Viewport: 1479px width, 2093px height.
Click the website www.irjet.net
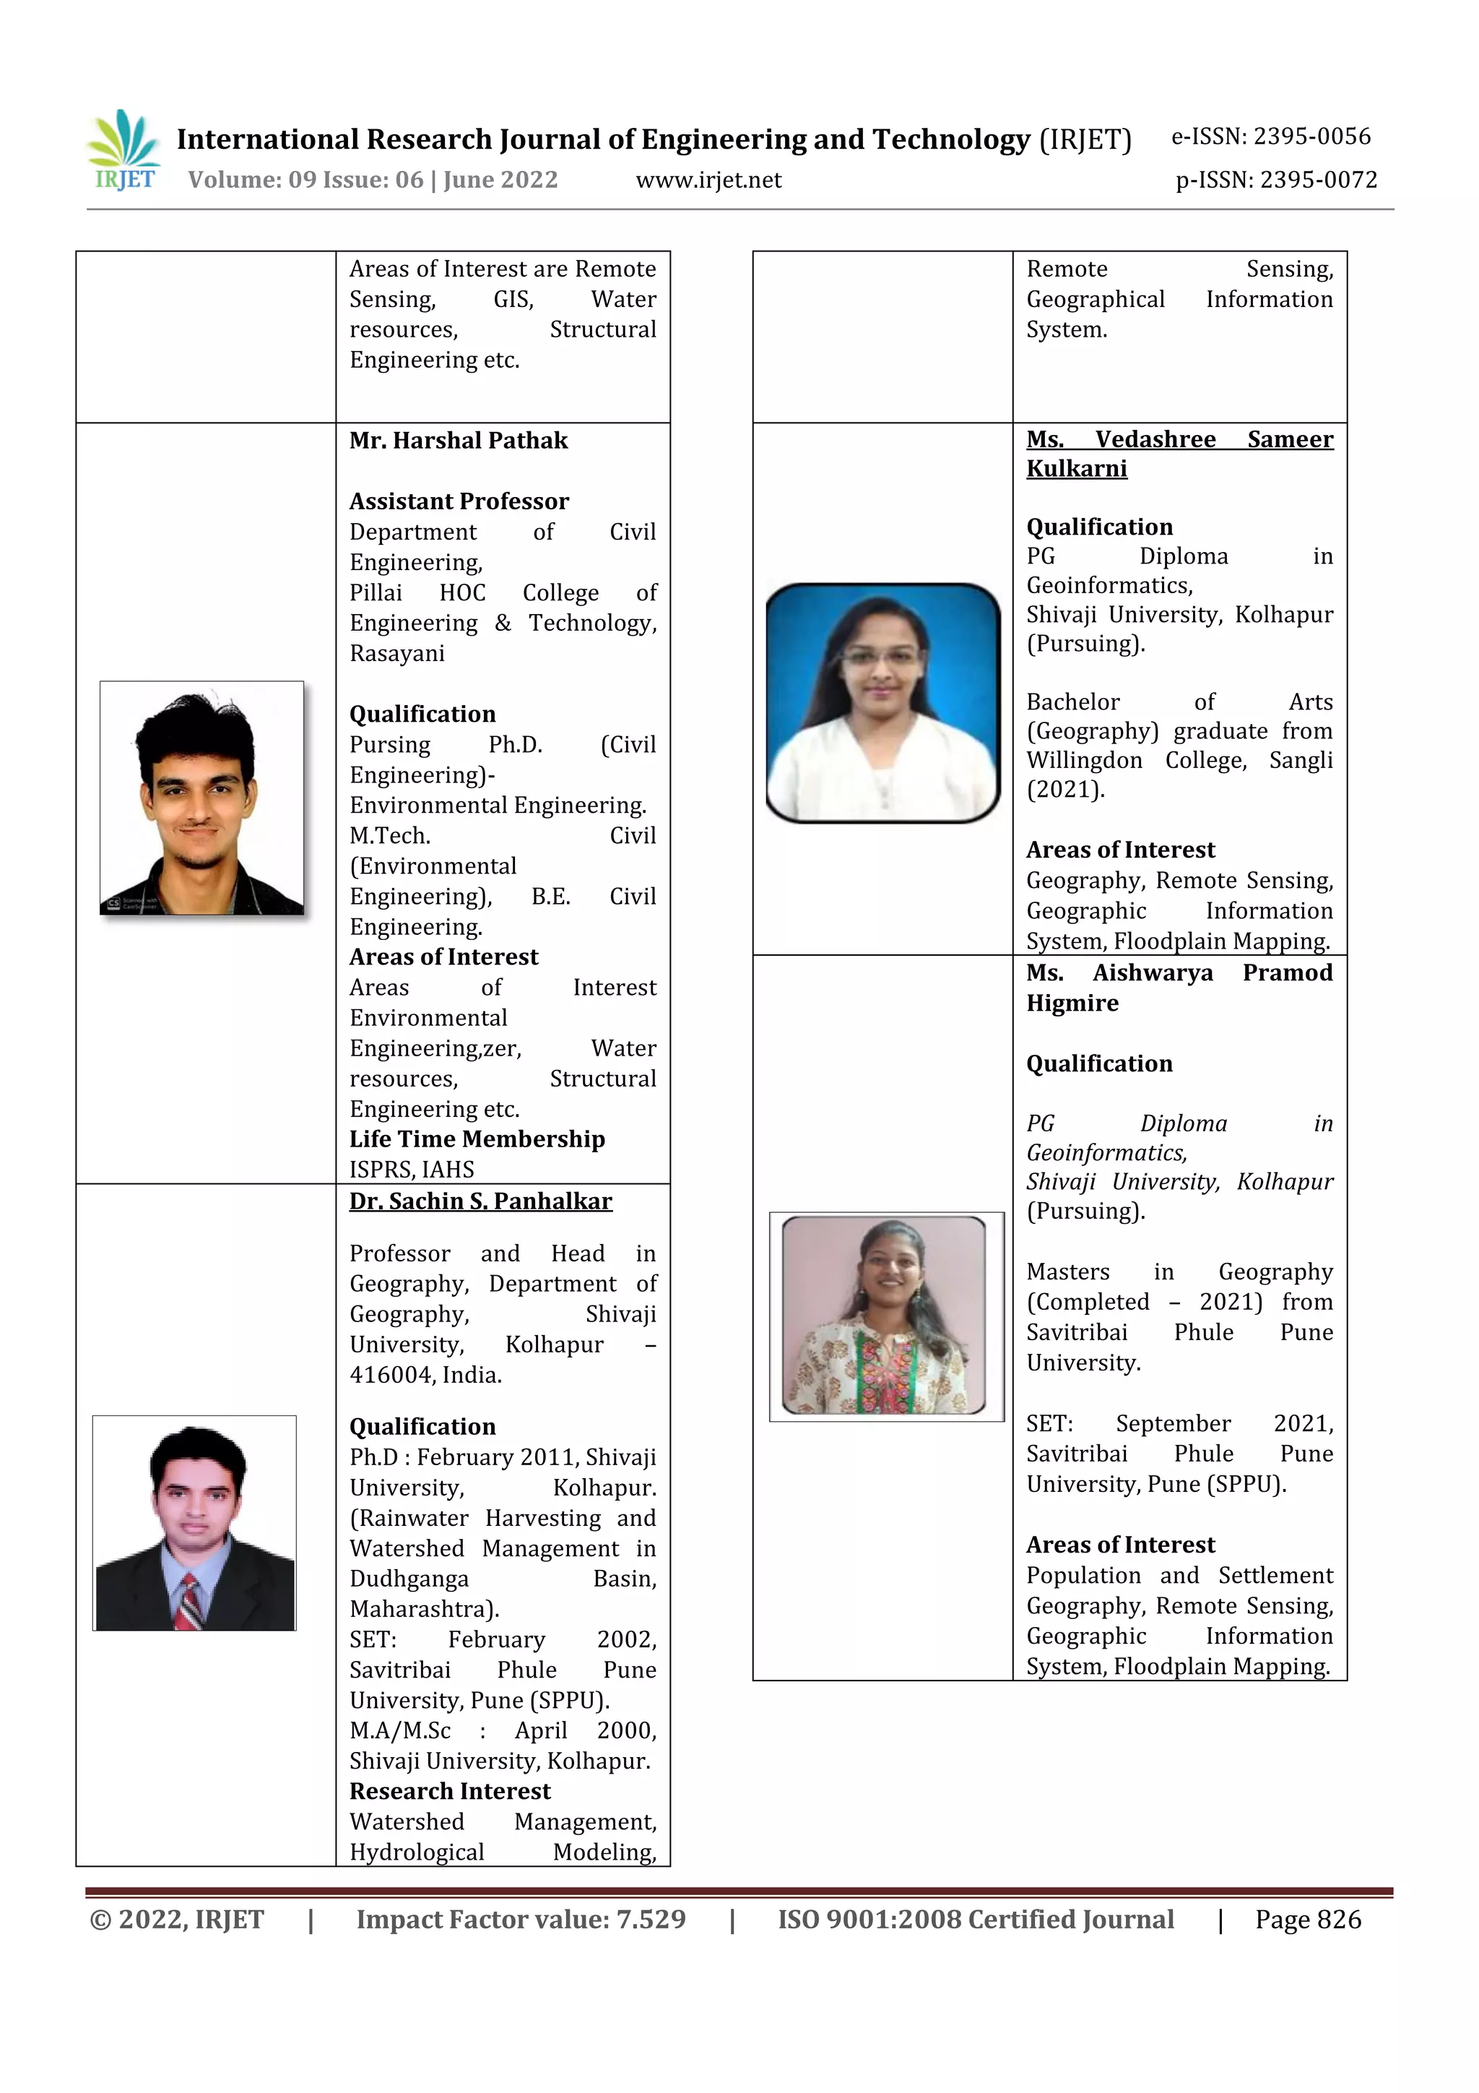708,180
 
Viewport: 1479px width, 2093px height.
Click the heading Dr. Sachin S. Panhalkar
480,1201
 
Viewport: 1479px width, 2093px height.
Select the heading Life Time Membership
477,1139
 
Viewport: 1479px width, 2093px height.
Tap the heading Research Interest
449,1791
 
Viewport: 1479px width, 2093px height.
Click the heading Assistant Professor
459,501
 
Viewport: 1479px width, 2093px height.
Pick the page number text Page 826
1308,1920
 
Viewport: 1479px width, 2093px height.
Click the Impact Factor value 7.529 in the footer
521,1920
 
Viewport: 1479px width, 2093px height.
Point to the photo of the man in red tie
194,1523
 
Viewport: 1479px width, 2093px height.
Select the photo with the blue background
883,703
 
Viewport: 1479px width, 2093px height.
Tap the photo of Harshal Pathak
201,798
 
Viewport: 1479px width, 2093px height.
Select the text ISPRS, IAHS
411,1170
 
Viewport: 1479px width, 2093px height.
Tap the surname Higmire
1072,1004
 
